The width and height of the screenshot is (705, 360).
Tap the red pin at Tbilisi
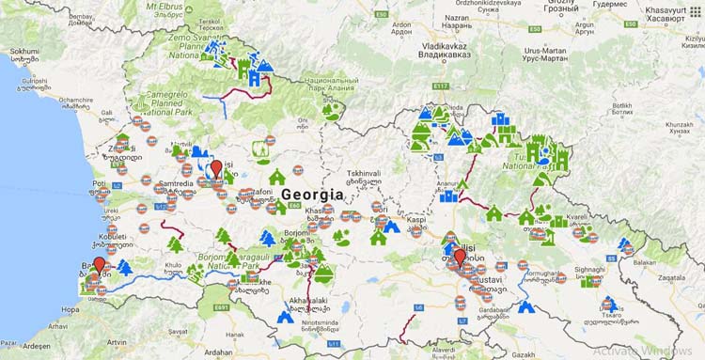pyautogui.click(x=460, y=257)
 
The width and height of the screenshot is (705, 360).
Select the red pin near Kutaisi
pyautogui.click(x=216, y=168)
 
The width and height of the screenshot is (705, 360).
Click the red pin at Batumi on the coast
pyautogui.click(x=100, y=264)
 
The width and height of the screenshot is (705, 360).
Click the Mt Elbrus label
pyautogui.click(x=173, y=6)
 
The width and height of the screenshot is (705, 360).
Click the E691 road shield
pyautogui.click(x=221, y=307)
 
